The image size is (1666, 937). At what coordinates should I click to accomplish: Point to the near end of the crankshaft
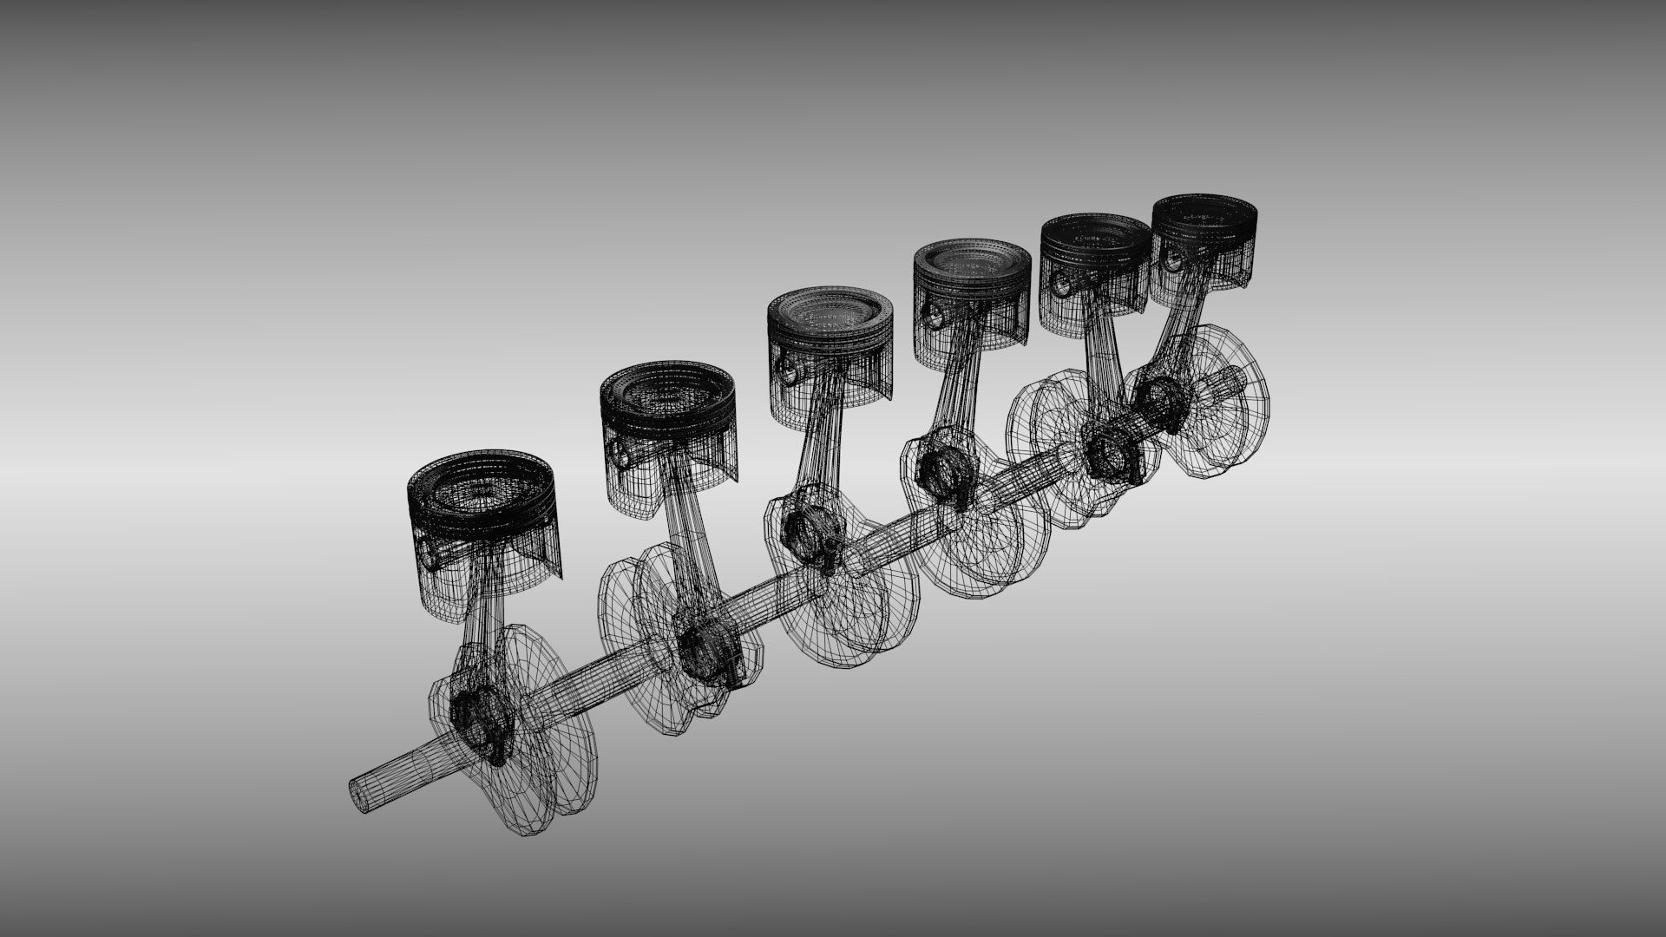[357, 795]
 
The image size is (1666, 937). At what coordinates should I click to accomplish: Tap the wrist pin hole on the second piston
[620, 450]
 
